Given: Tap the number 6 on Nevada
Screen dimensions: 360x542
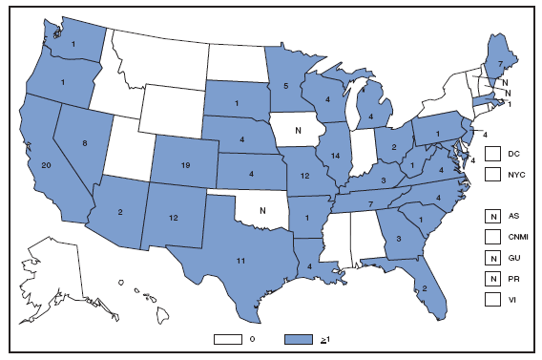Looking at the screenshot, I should tap(86, 142).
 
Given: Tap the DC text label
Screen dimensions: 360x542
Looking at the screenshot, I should tap(513, 154).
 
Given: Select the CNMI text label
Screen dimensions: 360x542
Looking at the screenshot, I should tap(516, 237).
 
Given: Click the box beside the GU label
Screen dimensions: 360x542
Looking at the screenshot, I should tap(492, 258).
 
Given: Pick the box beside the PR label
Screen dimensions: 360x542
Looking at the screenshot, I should tap(492, 279).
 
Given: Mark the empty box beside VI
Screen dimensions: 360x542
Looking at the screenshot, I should tap(492, 300).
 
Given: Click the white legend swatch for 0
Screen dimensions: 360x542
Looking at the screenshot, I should tap(228, 339).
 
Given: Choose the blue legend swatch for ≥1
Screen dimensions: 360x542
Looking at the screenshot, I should tap(301, 339).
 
